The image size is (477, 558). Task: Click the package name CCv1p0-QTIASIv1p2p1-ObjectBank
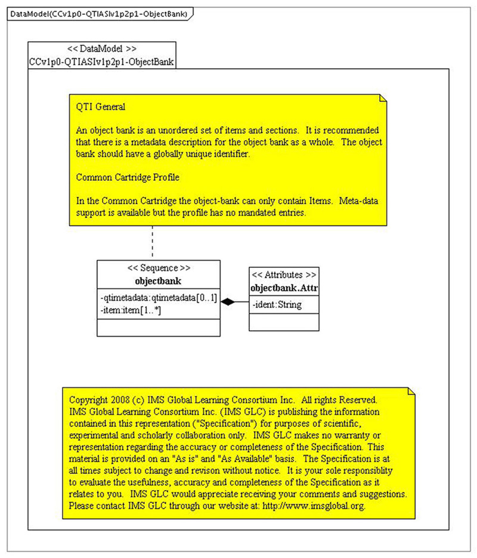point(102,61)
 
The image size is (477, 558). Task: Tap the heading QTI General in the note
point(100,107)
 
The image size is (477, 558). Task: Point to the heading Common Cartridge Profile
point(128,177)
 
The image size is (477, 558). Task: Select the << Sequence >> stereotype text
point(159,268)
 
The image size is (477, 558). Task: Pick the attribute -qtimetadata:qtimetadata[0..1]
point(159,297)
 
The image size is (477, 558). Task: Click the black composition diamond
point(227,303)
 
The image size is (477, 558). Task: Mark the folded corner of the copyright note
point(410,390)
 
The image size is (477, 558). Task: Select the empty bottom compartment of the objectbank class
point(159,328)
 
